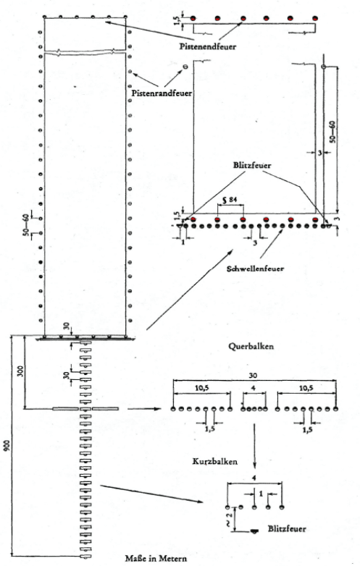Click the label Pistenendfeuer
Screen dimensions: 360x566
tap(208, 46)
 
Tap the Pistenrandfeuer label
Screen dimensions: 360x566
tap(162, 93)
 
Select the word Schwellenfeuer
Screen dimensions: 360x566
tap(255, 269)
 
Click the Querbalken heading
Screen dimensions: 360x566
tap(251, 346)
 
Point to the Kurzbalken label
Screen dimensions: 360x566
tap(215, 461)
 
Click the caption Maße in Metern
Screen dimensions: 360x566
tap(156, 559)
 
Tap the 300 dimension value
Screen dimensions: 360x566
tap(20, 371)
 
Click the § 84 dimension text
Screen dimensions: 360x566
tap(227, 200)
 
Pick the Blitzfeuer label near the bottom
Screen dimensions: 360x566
tap(287, 529)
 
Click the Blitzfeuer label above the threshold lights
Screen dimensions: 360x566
tap(252, 165)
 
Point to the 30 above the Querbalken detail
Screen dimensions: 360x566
tap(253, 376)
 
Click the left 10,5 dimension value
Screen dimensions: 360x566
tap(202, 388)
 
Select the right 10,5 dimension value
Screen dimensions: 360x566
tap(306, 388)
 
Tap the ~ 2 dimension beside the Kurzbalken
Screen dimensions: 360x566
tap(229, 518)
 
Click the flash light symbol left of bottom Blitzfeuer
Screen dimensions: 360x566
tap(254, 531)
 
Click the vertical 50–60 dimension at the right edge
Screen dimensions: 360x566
tap(332, 132)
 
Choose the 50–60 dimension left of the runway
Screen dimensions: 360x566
tap(26, 224)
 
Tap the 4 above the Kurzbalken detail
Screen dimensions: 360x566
tap(254, 478)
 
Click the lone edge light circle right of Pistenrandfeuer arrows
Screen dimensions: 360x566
tap(185, 67)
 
